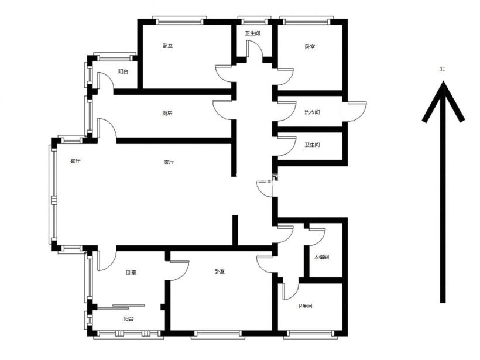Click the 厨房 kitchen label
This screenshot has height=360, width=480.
(167, 113)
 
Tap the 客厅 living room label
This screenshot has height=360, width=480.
(169, 162)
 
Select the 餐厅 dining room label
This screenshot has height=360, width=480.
(76, 162)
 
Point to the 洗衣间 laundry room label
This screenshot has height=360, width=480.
(312, 112)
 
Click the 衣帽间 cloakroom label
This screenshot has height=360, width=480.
(321, 257)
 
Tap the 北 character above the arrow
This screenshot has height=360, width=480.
(442, 69)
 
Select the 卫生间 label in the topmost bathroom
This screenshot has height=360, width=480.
(252, 33)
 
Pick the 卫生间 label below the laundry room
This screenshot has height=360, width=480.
(312, 145)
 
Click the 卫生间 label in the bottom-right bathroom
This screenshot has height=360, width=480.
(304, 306)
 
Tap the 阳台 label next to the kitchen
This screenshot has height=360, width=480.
(123, 71)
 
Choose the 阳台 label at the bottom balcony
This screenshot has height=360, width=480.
(129, 319)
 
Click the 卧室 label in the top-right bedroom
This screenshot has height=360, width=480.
(310, 47)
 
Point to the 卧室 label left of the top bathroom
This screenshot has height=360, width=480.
(167, 46)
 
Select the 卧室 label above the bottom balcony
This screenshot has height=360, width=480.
(131, 272)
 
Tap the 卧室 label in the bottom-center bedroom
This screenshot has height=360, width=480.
(220, 272)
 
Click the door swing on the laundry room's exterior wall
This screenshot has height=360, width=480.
(362, 115)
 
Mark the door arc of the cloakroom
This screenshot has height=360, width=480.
(321, 239)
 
